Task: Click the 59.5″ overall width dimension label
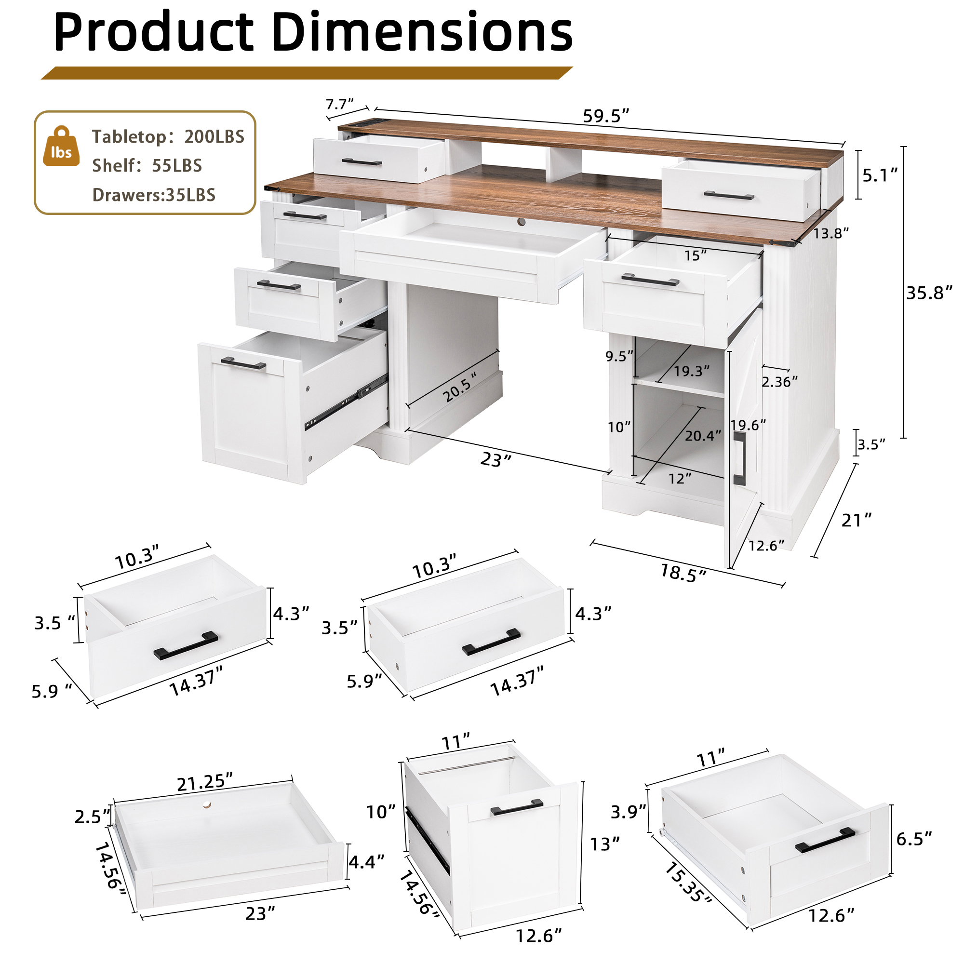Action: (606, 116)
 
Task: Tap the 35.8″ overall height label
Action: (930, 293)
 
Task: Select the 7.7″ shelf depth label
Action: (340, 104)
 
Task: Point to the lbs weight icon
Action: (61, 146)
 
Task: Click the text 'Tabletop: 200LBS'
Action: (168, 137)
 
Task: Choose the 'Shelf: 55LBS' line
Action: (147, 165)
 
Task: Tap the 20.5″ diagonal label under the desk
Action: (460, 387)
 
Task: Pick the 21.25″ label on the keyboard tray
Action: (205, 782)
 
